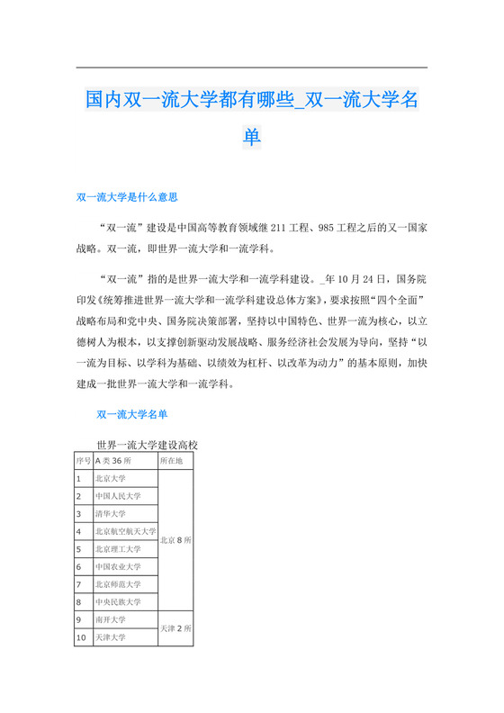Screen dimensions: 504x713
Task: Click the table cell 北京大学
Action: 125,478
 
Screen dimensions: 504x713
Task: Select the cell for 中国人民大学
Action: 125,496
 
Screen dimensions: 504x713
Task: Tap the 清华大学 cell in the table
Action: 125,513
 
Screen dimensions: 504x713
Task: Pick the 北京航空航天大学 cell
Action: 125,531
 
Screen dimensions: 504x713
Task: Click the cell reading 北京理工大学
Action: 125,548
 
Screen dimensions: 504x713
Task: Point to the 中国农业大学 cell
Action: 125,566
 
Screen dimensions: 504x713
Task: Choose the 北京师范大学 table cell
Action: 125,584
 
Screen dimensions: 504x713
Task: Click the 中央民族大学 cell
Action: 125,601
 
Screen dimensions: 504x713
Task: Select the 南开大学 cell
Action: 125,619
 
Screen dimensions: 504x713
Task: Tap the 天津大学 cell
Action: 125,637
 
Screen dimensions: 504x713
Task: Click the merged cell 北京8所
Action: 175,540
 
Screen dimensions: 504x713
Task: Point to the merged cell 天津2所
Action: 175,628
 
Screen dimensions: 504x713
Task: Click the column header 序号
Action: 84,460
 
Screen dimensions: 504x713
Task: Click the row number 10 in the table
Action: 84,637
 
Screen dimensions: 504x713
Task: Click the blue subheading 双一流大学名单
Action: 130,414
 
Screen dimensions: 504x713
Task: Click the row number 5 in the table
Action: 84,548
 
